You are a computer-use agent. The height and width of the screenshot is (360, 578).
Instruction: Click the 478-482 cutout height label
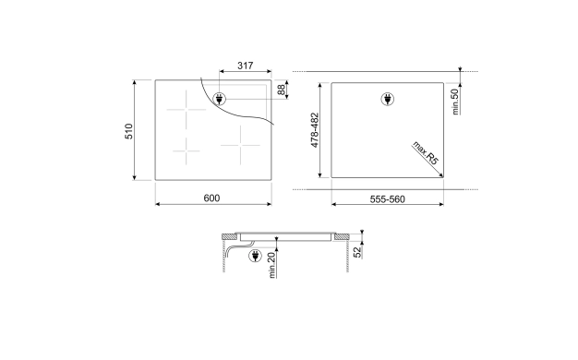pos(314,130)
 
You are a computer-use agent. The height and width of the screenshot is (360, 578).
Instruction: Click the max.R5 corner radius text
pos(427,153)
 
